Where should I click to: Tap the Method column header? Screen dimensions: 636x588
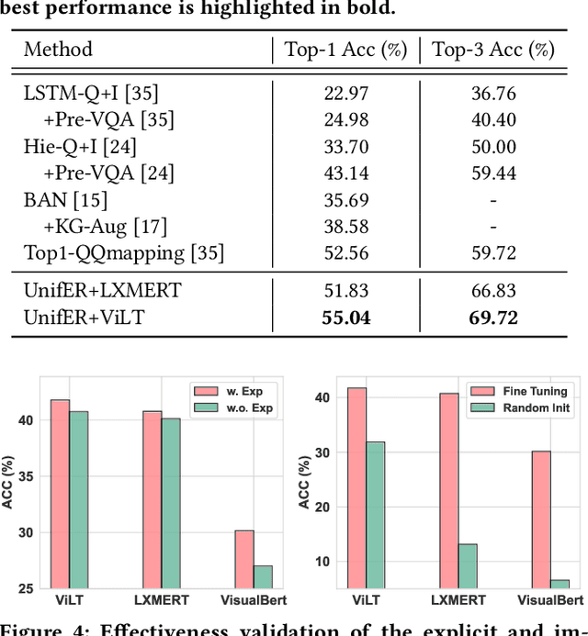pos(58,50)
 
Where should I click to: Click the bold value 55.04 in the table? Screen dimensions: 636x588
pos(345,318)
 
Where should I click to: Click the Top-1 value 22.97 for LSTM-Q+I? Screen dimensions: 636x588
pos(345,93)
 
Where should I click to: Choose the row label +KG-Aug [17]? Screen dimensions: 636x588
pos(107,226)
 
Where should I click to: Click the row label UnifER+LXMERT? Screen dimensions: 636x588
pos(102,292)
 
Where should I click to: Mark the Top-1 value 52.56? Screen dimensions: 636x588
pos(345,253)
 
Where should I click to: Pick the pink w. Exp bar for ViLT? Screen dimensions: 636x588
pos(60,496)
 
